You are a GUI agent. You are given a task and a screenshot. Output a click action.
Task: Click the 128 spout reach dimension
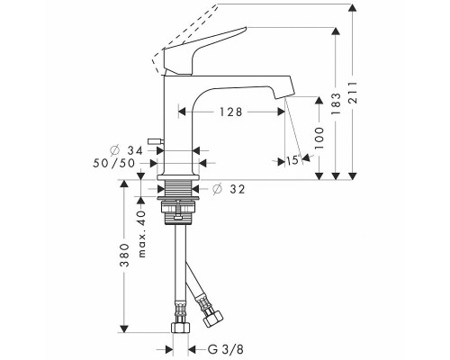(230, 112)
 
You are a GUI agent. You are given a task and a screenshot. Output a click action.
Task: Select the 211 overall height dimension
(353, 93)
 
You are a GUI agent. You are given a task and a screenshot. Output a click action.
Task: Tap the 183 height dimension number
(336, 103)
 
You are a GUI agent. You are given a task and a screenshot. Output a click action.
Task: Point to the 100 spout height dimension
(319, 139)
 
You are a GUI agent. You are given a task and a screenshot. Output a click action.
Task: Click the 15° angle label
(293, 160)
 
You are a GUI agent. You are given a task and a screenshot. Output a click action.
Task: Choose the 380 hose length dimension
(124, 255)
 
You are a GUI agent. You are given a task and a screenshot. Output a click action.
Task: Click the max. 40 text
(141, 234)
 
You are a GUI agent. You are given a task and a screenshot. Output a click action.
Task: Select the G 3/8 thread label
(226, 349)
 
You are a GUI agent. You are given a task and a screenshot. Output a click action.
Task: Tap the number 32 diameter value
(238, 189)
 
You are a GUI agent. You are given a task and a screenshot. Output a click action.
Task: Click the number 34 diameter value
(135, 150)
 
